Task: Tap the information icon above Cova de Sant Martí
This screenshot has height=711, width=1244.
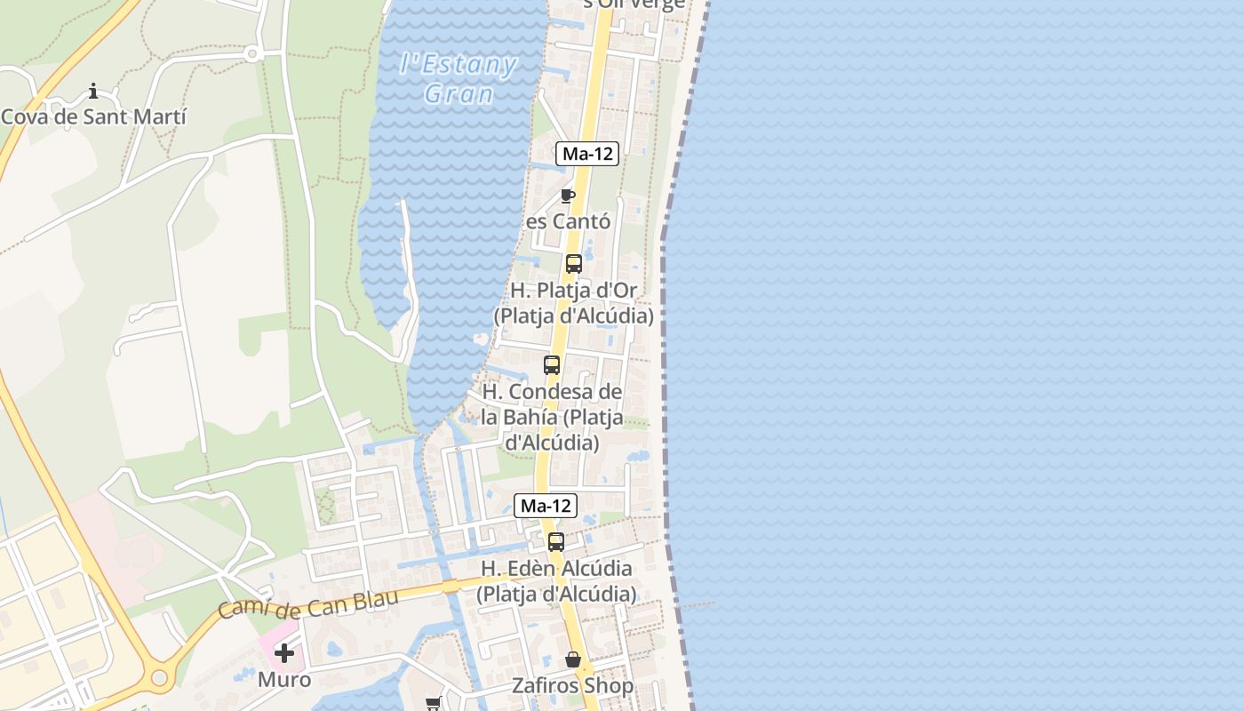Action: click(x=93, y=91)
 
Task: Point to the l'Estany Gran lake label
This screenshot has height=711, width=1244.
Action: click(x=459, y=78)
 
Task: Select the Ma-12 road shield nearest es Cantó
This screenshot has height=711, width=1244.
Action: click(x=587, y=154)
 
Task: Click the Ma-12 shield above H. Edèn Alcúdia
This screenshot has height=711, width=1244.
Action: click(x=546, y=506)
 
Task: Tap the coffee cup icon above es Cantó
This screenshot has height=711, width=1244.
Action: click(x=568, y=196)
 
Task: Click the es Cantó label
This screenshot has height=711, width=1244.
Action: click(x=569, y=221)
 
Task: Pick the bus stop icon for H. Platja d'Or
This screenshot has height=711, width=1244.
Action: click(x=574, y=264)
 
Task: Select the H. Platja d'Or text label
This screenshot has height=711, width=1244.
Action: click(x=574, y=303)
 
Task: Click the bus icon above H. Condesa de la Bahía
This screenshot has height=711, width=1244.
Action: click(x=552, y=365)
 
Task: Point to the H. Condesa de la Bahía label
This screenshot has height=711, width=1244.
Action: click(x=552, y=416)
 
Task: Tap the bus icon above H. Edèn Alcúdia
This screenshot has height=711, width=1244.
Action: click(x=556, y=542)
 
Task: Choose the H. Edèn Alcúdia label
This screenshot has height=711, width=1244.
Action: click(x=556, y=580)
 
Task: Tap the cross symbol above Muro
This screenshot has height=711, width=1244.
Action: click(x=284, y=654)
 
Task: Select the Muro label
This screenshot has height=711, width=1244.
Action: click(x=284, y=680)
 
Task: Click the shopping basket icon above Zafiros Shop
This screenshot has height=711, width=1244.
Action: click(x=573, y=660)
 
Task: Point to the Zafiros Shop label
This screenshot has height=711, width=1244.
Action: click(x=573, y=686)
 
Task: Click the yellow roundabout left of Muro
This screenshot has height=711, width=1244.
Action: click(x=159, y=677)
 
